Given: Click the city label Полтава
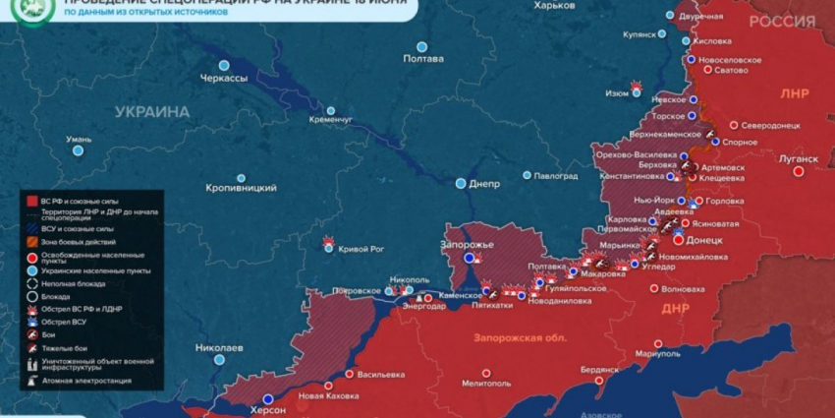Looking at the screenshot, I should pyautogui.click(x=423, y=59).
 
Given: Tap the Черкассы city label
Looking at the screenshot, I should pyautogui.click(x=224, y=78).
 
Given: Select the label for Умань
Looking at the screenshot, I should pyautogui.click(x=79, y=140).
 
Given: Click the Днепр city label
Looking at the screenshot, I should pyautogui.click(x=485, y=183).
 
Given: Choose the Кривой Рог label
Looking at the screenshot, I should pyautogui.click(x=362, y=249).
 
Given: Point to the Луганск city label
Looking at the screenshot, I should pyautogui.click(x=798, y=158).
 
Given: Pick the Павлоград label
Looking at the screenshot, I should pyautogui.click(x=555, y=176).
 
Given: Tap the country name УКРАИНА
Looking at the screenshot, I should pyautogui.click(x=151, y=112).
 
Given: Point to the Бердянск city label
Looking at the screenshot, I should pyautogui.click(x=599, y=369).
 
